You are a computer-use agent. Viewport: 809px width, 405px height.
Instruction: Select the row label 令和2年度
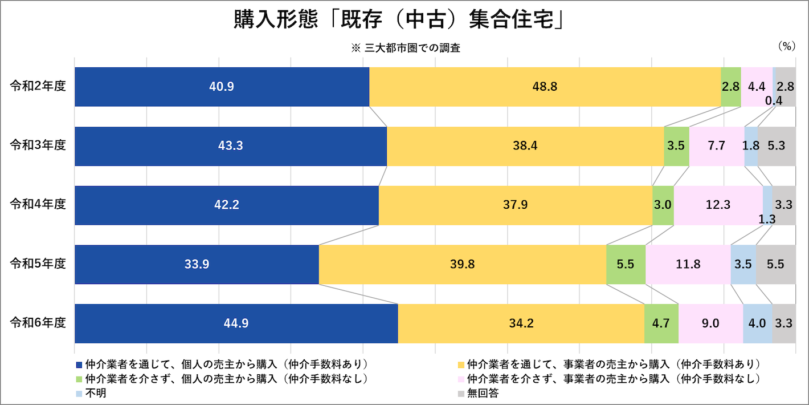pyautogui.click(x=38, y=87)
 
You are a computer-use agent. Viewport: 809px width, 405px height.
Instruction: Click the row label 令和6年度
pyautogui.click(x=38, y=323)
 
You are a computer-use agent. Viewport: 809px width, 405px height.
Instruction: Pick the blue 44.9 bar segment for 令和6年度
pyautogui.click(x=236, y=323)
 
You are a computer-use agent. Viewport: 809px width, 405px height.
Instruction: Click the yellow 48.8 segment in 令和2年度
pyautogui.click(x=545, y=87)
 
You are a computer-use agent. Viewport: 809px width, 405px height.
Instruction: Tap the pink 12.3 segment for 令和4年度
pyautogui.click(x=718, y=205)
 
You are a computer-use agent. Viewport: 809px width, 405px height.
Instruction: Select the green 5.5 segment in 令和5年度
pyautogui.click(x=626, y=265)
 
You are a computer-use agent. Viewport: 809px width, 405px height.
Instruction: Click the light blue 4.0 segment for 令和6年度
pyautogui.click(x=757, y=323)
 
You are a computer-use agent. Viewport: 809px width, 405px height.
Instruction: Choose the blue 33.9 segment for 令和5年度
pyautogui.click(x=197, y=265)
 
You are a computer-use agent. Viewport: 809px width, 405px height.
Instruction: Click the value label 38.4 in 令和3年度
pyautogui.click(x=525, y=146)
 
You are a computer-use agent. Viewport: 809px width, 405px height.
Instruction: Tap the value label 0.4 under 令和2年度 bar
pyautogui.click(x=773, y=100)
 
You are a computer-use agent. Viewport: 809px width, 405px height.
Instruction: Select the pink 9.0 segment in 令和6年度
pyautogui.click(x=710, y=323)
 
